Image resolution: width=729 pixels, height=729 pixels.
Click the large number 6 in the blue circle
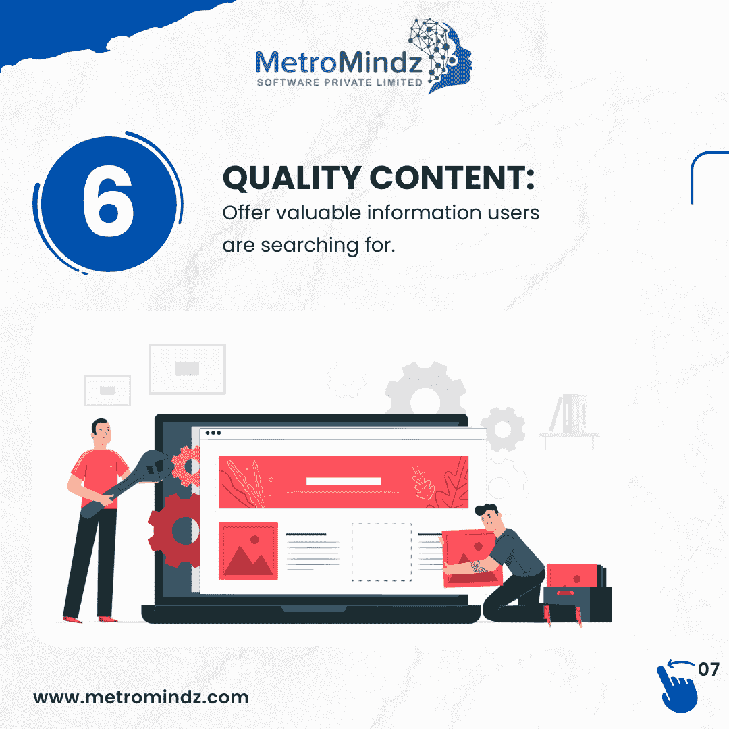pyautogui.click(x=108, y=201)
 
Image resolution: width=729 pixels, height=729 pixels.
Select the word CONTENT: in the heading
pyautogui.click(x=452, y=178)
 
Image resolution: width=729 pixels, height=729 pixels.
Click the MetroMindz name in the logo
pyautogui.click(x=339, y=62)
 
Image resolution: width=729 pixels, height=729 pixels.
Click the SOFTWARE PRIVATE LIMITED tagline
pyautogui.click(x=340, y=83)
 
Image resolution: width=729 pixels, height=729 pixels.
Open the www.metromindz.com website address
pyautogui.click(x=141, y=697)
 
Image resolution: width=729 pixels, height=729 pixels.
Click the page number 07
pyautogui.click(x=709, y=670)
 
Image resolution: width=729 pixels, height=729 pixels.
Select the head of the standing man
pyautogui.click(x=101, y=433)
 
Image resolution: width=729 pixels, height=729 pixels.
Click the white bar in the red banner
pyautogui.click(x=344, y=481)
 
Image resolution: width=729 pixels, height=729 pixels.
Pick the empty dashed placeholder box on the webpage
pyautogui.click(x=381, y=552)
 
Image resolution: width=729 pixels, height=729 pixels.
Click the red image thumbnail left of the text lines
pyautogui.click(x=248, y=551)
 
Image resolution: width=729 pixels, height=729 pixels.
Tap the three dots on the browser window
pyautogui.click(x=213, y=433)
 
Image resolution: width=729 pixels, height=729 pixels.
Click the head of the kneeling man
pyautogui.click(x=489, y=517)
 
